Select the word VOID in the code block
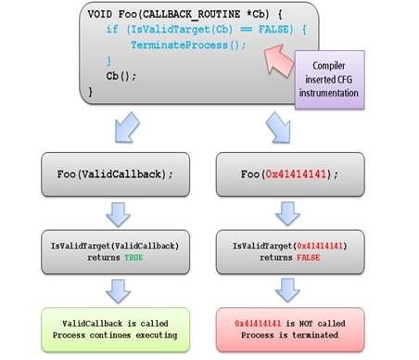pyautogui.click(x=103, y=16)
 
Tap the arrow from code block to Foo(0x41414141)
pyautogui.click(x=275, y=123)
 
